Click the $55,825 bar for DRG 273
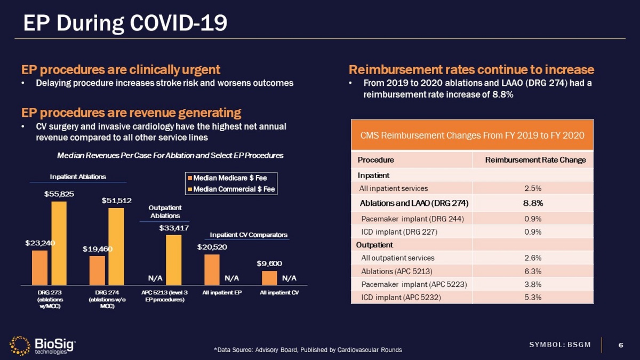tap(59, 243)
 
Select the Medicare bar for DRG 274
tap(97, 271)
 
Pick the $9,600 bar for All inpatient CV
tap(269, 278)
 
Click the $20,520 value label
tap(212, 247)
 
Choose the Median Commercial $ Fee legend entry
tap(230, 189)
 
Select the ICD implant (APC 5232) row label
tap(401, 297)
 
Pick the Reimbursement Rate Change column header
tap(535, 160)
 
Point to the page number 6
tap(620, 345)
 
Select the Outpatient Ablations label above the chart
tap(165, 212)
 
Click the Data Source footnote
tap(308, 350)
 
